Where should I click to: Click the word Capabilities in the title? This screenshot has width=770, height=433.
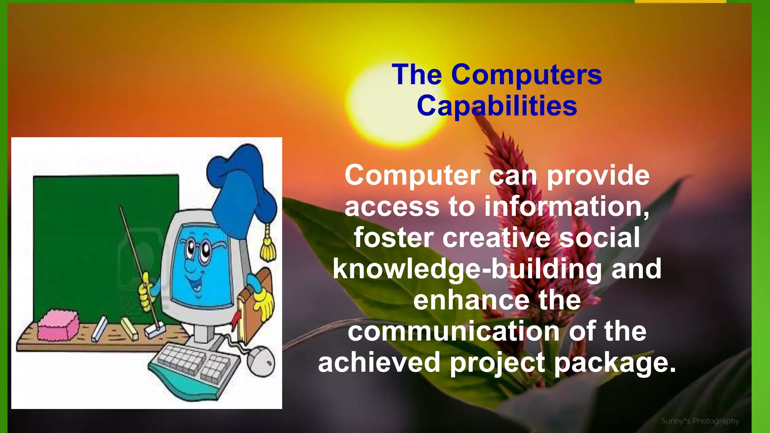[x=497, y=106]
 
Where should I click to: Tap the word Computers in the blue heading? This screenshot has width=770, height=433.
[x=526, y=75]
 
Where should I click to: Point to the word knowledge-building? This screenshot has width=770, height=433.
[x=468, y=269]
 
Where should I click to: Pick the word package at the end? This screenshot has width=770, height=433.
[x=615, y=362]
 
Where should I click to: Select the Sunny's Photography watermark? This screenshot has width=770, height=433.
[x=700, y=421]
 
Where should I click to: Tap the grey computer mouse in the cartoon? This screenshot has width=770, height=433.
[x=261, y=361]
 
